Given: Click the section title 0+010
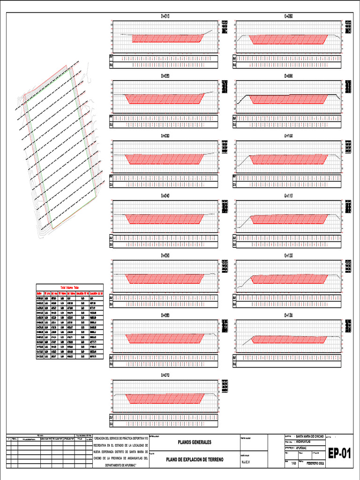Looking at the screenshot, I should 165,16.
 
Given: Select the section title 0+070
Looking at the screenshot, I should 165,375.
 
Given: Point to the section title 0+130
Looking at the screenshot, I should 289,315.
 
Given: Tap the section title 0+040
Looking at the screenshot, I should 165,196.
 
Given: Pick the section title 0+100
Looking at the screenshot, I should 289,136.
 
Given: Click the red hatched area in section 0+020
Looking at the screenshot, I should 165,98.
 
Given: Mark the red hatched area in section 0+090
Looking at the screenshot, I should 289,99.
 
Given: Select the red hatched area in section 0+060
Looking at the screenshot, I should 165,338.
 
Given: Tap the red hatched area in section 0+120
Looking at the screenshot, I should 289,279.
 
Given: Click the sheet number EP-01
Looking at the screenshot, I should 339,454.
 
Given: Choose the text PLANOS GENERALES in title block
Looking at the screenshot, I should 194,442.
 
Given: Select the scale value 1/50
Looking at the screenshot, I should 294,464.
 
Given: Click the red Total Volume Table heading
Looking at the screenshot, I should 68,287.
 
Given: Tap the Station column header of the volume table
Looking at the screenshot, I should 40,293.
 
